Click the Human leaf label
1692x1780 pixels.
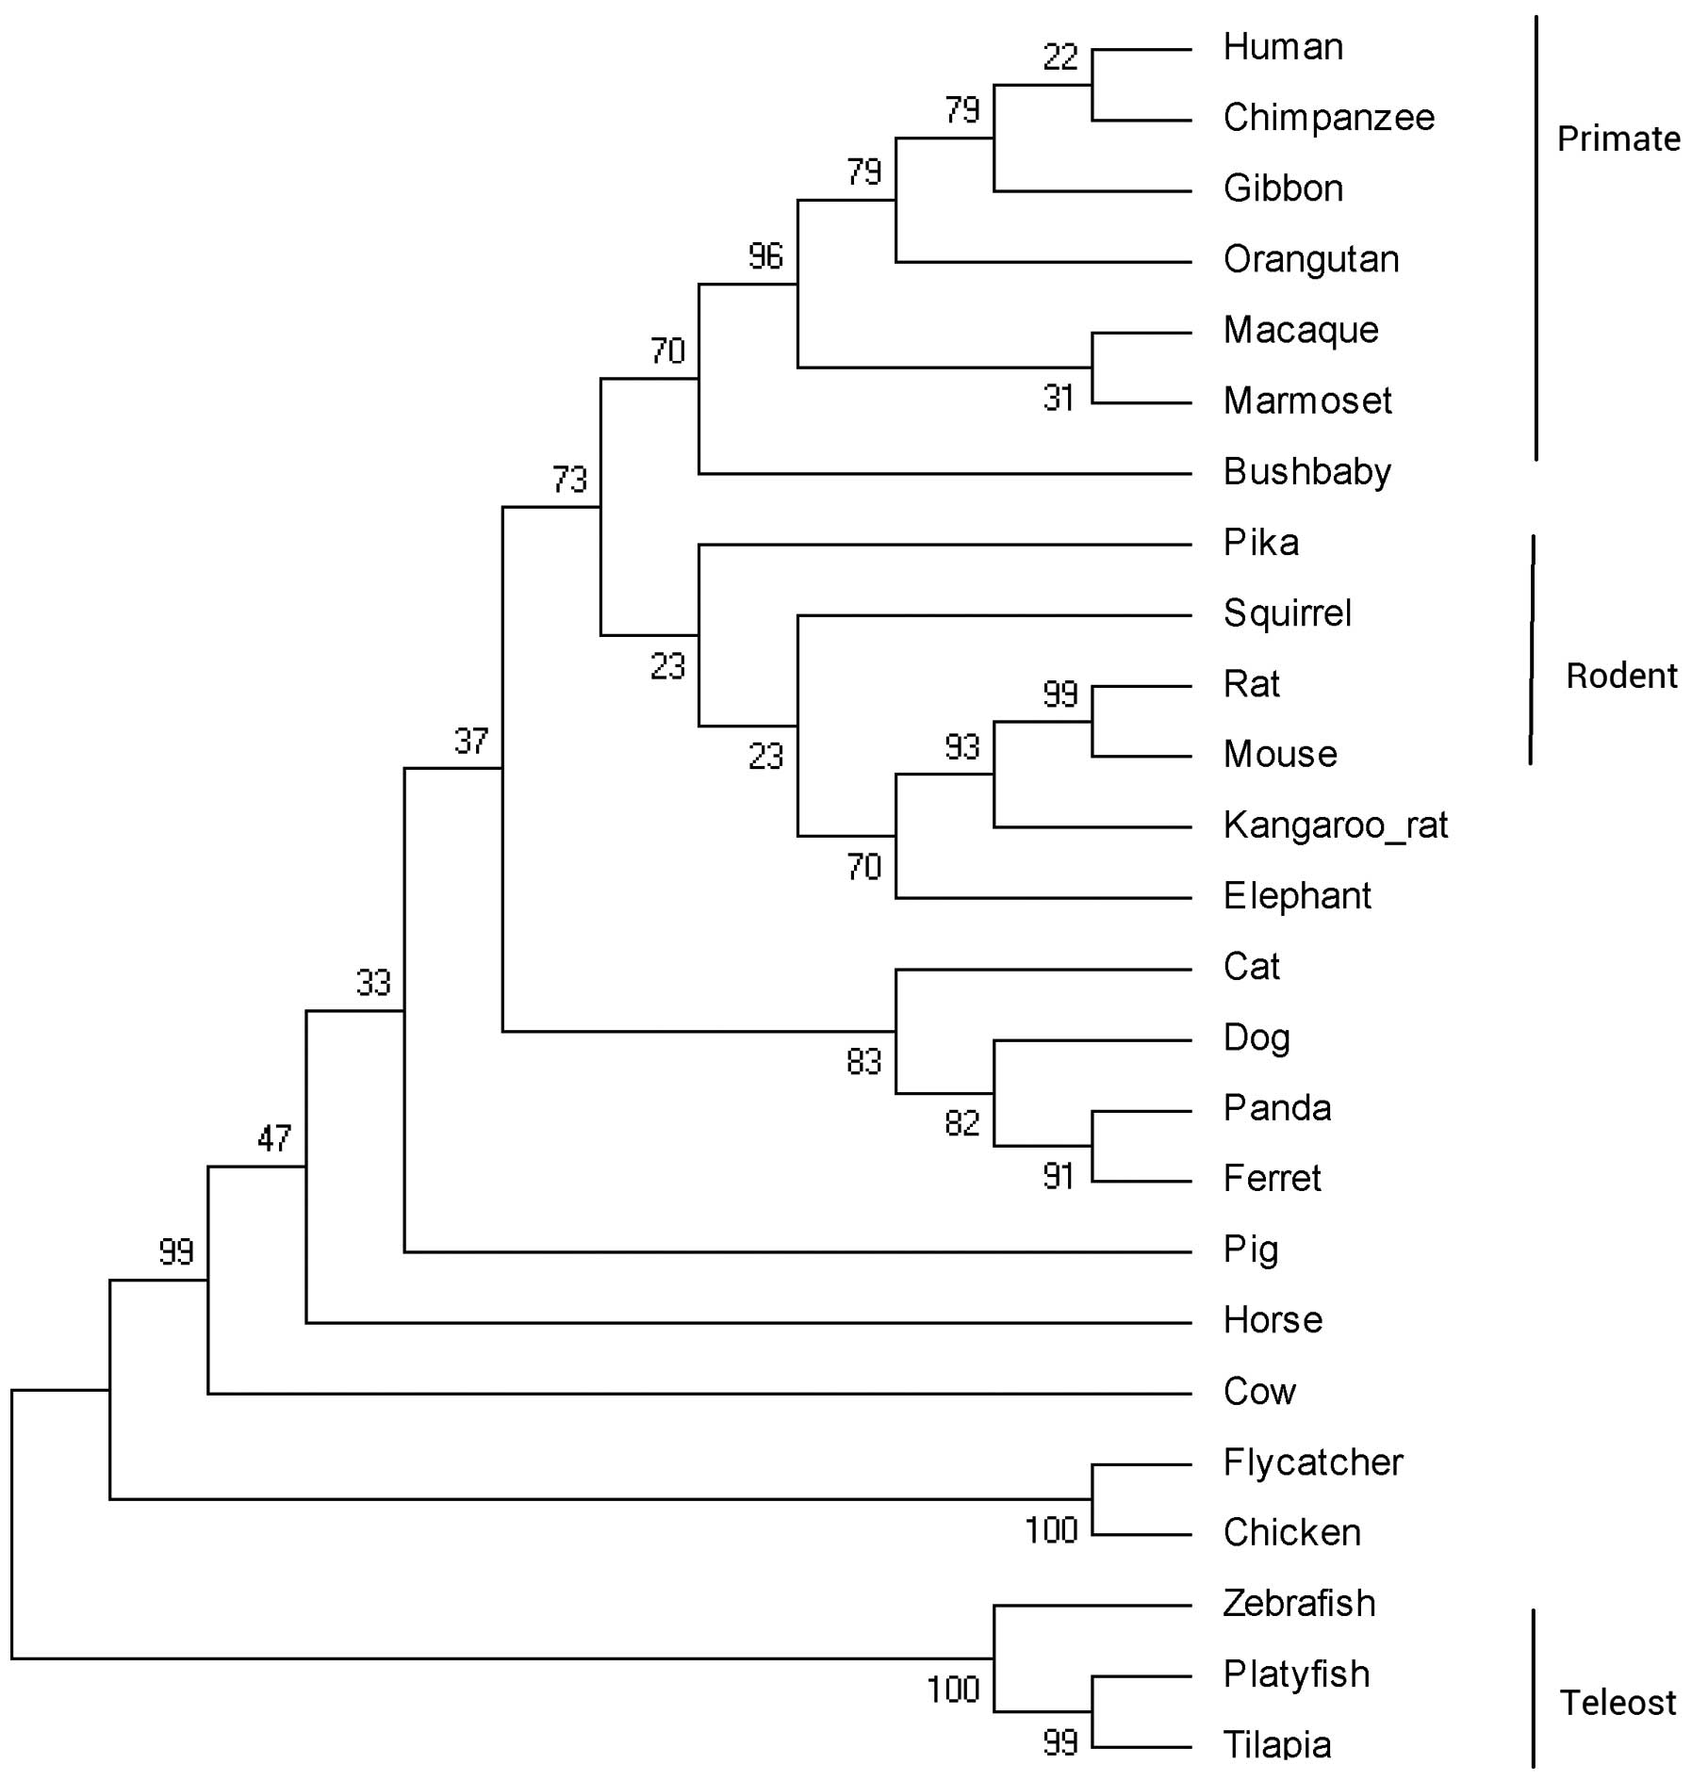pos(1282,47)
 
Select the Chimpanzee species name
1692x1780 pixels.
pos(1328,118)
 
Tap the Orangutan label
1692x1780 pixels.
pos(1310,259)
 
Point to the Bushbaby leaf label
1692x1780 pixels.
pos(1306,471)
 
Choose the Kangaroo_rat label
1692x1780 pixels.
pos(1335,825)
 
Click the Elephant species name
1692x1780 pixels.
pos(1296,895)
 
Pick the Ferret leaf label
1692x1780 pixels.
pos(1272,1178)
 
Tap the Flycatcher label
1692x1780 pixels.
pos(1312,1462)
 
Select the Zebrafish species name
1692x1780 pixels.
pos(1299,1603)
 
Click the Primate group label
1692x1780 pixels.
pos(1618,139)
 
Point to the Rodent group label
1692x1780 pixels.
pos(1621,676)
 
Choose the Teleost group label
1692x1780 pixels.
pos(1618,1703)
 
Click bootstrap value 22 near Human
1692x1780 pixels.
pos(1060,57)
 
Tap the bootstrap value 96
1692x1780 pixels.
pos(765,256)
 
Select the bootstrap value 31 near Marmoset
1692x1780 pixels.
pos(1059,399)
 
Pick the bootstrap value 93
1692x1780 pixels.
pos(962,747)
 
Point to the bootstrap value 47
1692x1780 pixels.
pos(274,1138)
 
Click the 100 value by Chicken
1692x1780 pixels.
pos(1051,1530)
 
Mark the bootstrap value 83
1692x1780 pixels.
pos(863,1062)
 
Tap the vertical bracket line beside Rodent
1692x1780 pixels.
pos(1532,650)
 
